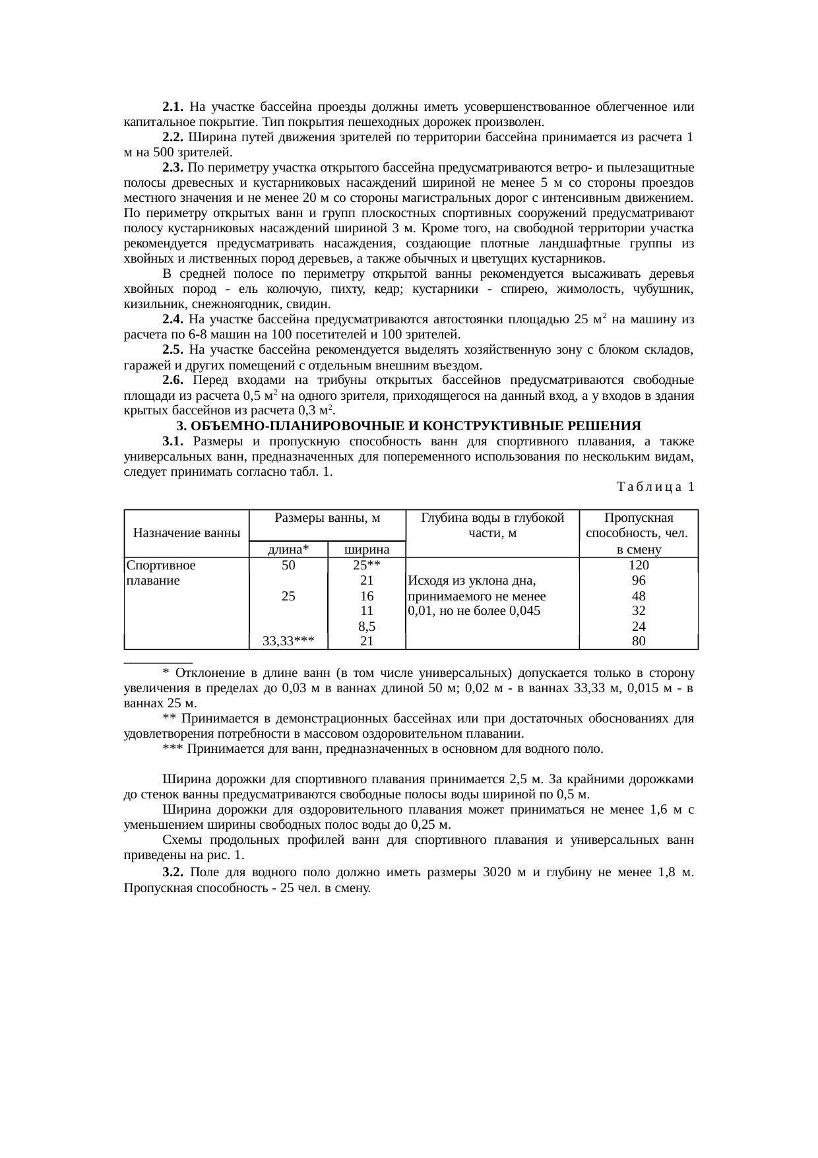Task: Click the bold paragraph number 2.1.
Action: pyautogui.click(x=173, y=107)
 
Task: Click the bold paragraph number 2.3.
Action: pyautogui.click(x=173, y=168)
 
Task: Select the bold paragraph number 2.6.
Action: pyautogui.click(x=175, y=381)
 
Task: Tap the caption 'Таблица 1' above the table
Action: pyautogui.click(x=655, y=488)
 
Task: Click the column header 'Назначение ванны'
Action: pyautogui.click(x=187, y=533)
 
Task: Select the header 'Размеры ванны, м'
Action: pyautogui.click(x=328, y=518)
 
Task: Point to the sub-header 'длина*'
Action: pyautogui.click(x=288, y=550)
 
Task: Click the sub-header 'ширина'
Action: pyautogui.click(x=367, y=550)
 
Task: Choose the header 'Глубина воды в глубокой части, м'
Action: pyautogui.click(x=492, y=525)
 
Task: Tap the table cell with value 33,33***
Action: pyautogui.click(x=288, y=641)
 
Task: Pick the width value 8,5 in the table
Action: pyautogui.click(x=367, y=626)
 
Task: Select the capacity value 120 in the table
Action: pyautogui.click(x=638, y=565)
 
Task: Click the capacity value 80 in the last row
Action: pyautogui.click(x=638, y=641)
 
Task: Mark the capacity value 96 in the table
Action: pyautogui.click(x=638, y=581)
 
